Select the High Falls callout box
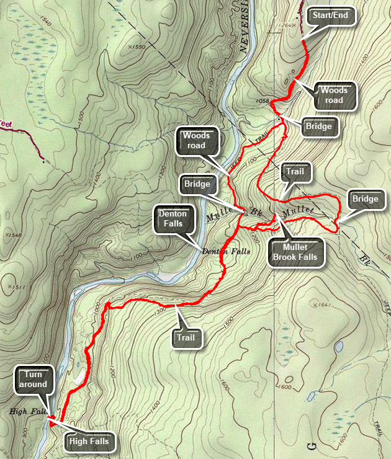pyautogui.click(x=89, y=442)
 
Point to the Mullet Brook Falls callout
pyautogui.click(x=297, y=252)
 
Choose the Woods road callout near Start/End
pyautogui.click(x=333, y=96)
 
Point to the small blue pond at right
pyautogui.click(x=339, y=345)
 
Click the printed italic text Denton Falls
pyautogui.click(x=227, y=251)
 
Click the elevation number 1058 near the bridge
pyautogui.click(x=262, y=100)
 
